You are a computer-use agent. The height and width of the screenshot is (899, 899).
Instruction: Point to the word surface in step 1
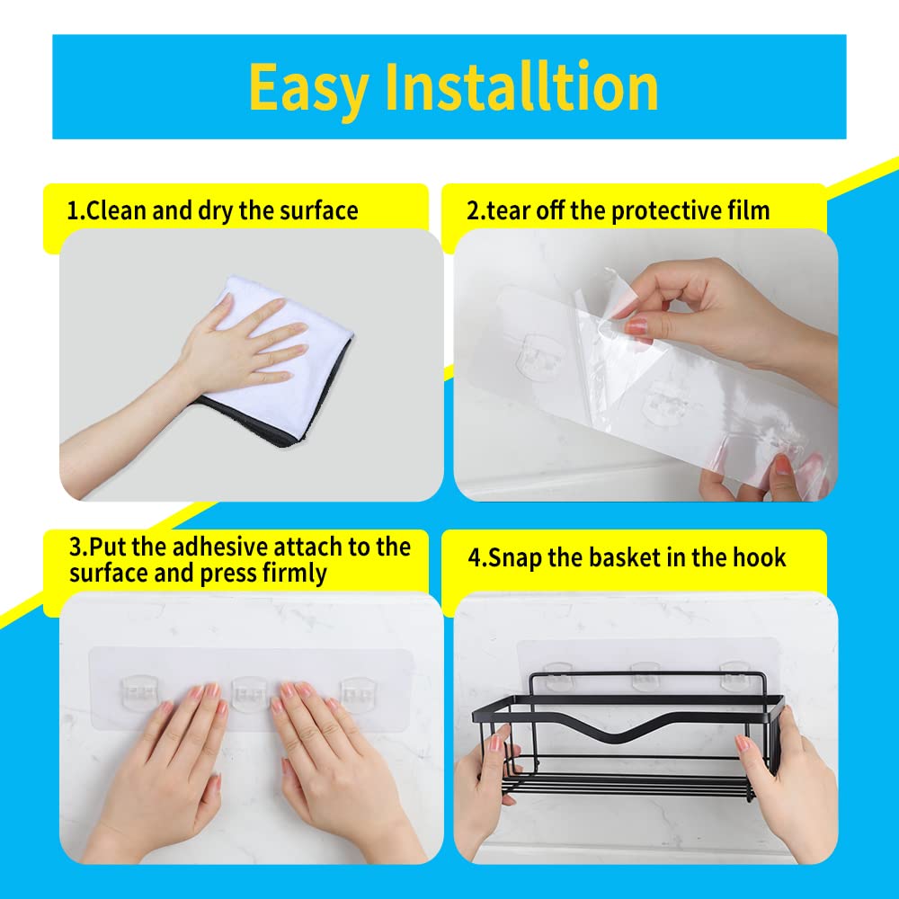click(319, 210)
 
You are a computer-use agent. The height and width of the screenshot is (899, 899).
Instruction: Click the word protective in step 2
click(665, 211)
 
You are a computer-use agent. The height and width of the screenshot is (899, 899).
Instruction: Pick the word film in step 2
click(749, 210)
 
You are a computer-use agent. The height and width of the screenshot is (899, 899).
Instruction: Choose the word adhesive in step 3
click(221, 547)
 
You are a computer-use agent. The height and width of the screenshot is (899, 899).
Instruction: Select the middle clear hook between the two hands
click(249, 692)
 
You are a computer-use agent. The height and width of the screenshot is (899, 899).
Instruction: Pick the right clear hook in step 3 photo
click(359, 692)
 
